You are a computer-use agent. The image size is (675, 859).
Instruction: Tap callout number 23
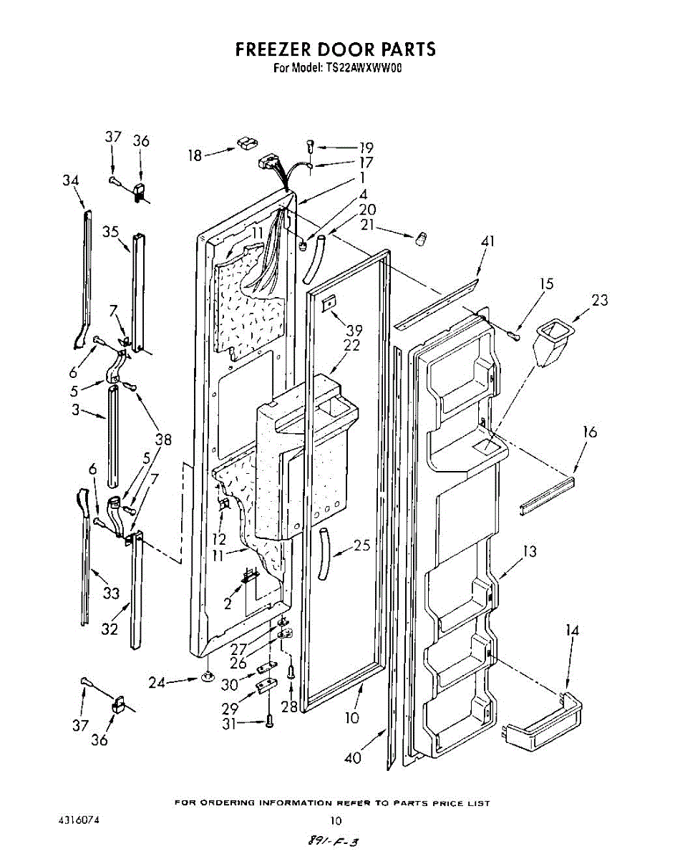click(x=600, y=300)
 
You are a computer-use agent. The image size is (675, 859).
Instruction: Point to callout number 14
click(x=572, y=631)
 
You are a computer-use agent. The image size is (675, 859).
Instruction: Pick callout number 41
click(x=487, y=242)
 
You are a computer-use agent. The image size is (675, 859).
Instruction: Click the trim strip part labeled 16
click(x=548, y=495)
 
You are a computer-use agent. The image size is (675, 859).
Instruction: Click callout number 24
click(x=157, y=683)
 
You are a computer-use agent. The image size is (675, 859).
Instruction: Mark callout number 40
click(x=353, y=757)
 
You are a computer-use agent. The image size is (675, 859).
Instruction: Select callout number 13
click(x=529, y=552)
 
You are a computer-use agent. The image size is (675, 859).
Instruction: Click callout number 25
click(x=362, y=546)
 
